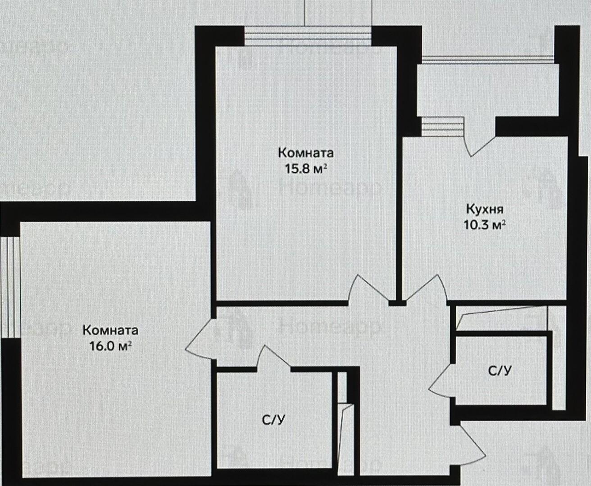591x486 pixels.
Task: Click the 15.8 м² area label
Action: click(306, 169)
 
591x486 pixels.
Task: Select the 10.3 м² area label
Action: click(484, 225)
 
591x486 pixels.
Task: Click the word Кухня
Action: click(485, 209)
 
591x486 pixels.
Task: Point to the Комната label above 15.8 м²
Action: click(306, 153)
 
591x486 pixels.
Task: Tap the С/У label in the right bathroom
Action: click(500, 371)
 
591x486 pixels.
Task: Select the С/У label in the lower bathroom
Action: click(274, 420)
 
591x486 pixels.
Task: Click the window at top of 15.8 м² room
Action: click(308, 36)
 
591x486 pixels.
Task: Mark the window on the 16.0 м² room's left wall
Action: click(9, 288)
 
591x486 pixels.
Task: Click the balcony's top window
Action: click(488, 59)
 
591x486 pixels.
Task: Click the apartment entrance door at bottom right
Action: click(472, 445)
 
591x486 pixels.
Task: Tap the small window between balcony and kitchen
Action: click(442, 126)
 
